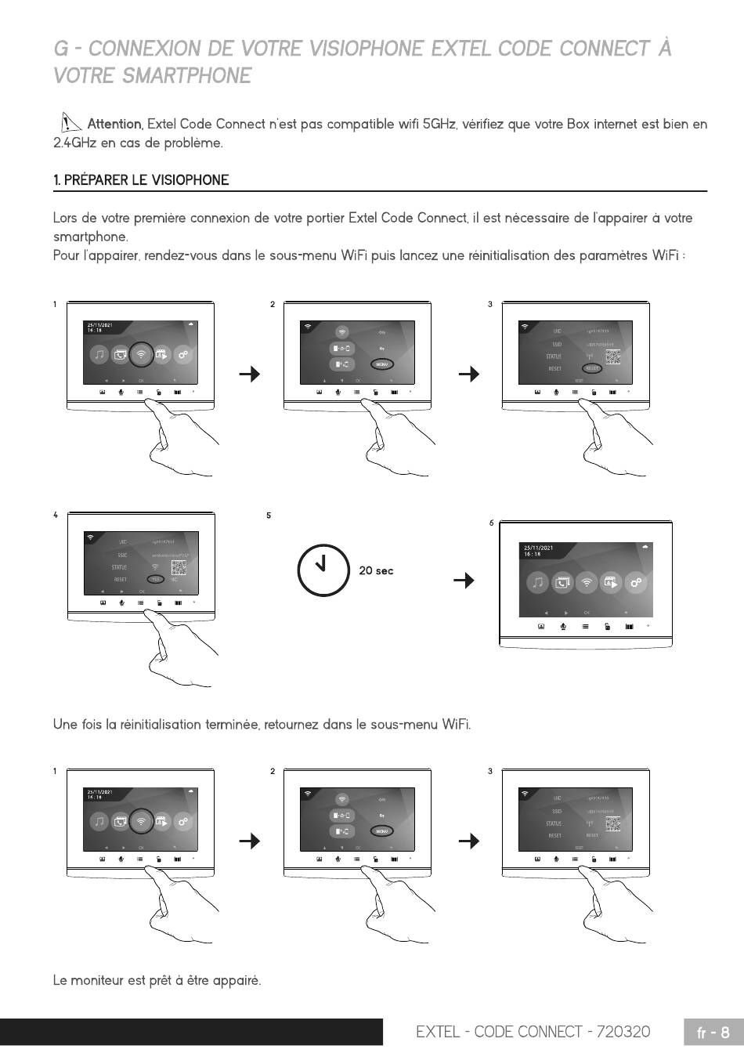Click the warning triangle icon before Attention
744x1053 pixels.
point(70,122)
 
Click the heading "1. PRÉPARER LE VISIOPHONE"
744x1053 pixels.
point(141,180)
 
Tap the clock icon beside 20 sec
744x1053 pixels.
point(323,570)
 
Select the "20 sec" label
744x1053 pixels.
point(376,571)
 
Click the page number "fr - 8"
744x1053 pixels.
point(713,1033)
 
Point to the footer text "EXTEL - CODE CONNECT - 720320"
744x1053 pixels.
point(533,1032)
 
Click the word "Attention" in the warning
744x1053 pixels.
point(114,124)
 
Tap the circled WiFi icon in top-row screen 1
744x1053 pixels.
point(141,354)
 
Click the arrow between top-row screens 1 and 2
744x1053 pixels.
point(250,375)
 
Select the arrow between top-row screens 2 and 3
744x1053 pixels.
point(468,375)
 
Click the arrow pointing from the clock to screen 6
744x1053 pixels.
point(464,581)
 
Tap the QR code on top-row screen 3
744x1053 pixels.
point(612,357)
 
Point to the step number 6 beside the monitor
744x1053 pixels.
point(492,523)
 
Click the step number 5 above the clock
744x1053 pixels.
point(269,516)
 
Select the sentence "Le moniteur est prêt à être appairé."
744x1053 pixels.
point(157,980)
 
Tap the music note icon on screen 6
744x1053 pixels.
point(536,582)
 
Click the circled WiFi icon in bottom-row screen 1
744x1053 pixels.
point(141,821)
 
